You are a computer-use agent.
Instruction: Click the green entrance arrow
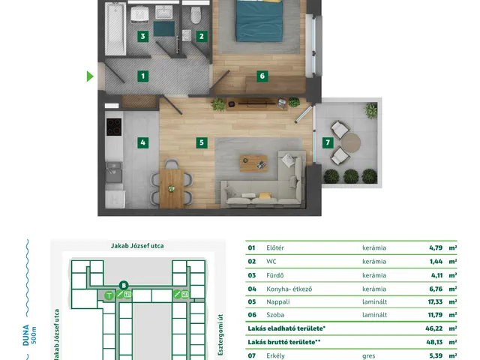point(90,76)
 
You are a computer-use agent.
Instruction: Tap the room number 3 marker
point(142,37)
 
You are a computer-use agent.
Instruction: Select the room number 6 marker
point(262,76)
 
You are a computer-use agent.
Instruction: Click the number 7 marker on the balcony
point(328,142)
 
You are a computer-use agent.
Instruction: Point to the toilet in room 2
point(196,15)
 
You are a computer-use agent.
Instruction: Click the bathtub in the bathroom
point(115,28)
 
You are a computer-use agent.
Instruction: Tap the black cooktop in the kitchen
point(114,127)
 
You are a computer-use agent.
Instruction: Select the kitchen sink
point(114,172)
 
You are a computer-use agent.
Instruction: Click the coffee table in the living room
point(253,163)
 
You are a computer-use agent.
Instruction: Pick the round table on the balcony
point(351,142)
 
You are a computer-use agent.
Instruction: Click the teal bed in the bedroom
point(259,21)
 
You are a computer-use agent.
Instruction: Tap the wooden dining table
point(172,188)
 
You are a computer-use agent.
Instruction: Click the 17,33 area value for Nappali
point(435,301)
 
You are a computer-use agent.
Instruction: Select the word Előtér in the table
point(275,247)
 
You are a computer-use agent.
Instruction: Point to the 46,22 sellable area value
point(433,328)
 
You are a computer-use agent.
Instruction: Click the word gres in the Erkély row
point(368,356)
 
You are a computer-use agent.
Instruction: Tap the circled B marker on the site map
point(124,286)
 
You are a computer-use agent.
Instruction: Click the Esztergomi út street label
point(220,335)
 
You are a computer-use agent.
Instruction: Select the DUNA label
point(26,335)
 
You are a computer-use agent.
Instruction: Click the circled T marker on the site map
point(109,295)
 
